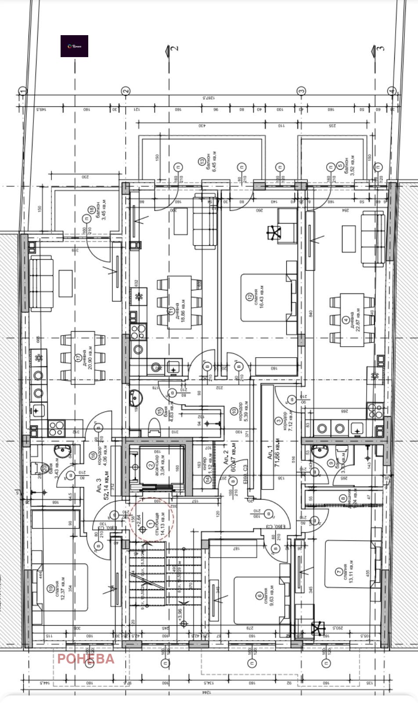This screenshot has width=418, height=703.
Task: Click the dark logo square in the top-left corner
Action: point(74,46)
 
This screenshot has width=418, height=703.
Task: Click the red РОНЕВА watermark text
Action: point(86,659)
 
